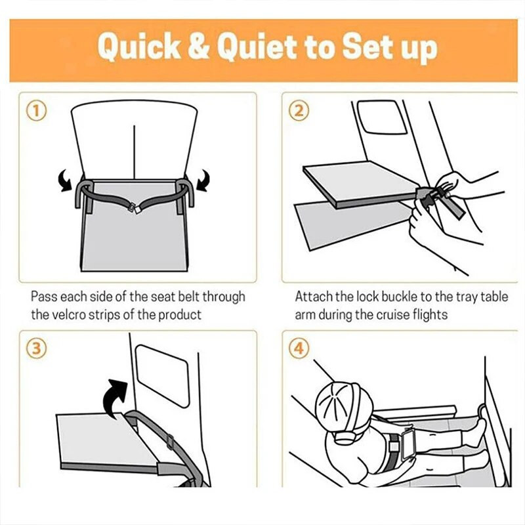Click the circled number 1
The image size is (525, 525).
pyautogui.click(x=37, y=111)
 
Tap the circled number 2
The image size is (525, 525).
pyautogui.click(x=299, y=111)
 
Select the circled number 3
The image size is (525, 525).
pyautogui.click(x=37, y=348)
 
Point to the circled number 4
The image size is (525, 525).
pyautogui.click(x=299, y=348)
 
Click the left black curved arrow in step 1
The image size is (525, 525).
pyautogui.click(x=66, y=181)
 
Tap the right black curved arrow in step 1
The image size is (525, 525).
pyautogui.click(x=203, y=181)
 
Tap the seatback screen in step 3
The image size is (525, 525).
pyautogui.click(x=163, y=375)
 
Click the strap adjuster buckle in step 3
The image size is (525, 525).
pyautogui.click(x=170, y=442)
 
